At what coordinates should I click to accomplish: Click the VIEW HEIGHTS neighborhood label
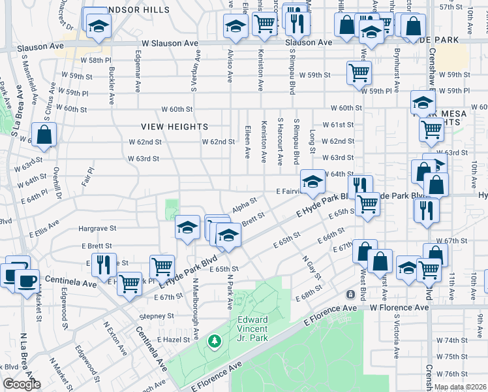pyautogui.click(x=175, y=127)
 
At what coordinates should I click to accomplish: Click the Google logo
pyautogui.click(x=21, y=384)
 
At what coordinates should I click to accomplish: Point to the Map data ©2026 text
pyautogui.click(x=460, y=387)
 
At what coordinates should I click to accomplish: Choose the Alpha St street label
pyautogui.click(x=242, y=206)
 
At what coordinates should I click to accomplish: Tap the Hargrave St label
pyautogui.click(x=97, y=229)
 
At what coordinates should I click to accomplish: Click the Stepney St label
pyautogui.click(x=158, y=315)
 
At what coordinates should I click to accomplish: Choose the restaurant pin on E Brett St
pyautogui.click(x=103, y=264)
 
